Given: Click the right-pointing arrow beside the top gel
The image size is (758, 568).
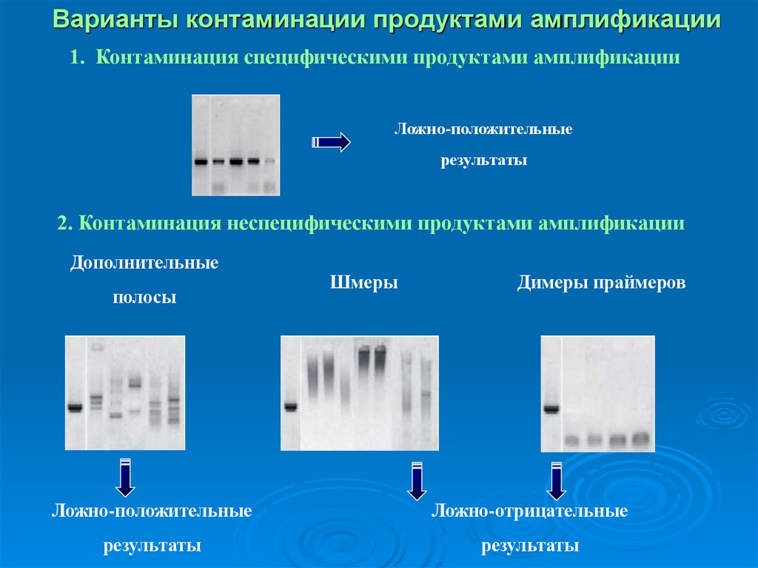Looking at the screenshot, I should (331, 141).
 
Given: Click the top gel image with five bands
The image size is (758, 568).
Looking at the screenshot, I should (235, 145).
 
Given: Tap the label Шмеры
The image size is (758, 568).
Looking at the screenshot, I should (363, 282).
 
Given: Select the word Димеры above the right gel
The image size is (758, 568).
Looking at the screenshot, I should (555, 282).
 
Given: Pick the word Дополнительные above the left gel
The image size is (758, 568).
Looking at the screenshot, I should (144, 263).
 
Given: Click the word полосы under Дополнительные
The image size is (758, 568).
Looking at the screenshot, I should (144, 298).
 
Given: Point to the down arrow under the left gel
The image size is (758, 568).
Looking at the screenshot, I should (125, 477).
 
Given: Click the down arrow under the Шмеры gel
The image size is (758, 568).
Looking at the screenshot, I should (417, 481).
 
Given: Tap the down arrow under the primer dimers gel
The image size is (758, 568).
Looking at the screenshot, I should (556, 481).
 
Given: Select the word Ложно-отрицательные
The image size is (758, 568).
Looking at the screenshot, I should (530, 510).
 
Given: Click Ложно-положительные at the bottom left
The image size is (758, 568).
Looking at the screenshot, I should (152, 510).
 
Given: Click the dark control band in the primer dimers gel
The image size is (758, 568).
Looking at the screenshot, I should (551, 407).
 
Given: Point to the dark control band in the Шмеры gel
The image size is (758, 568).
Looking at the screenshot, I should (290, 406).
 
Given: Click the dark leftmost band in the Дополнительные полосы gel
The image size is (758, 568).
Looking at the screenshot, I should (75, 406).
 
